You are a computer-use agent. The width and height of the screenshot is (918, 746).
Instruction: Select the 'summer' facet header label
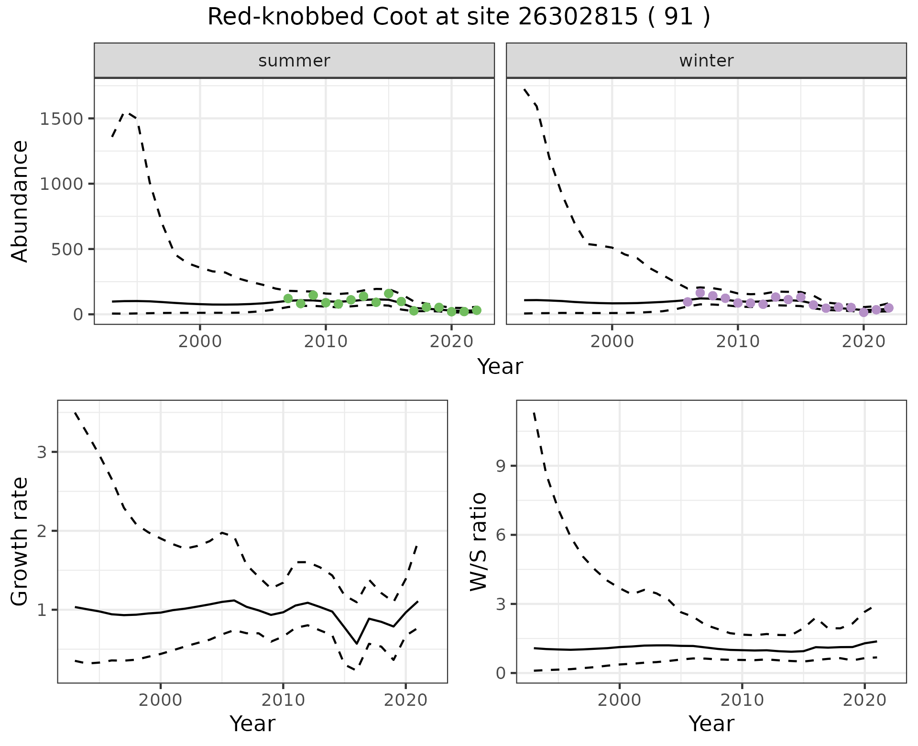(x=294, y=61)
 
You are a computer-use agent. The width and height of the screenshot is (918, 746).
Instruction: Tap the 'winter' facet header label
(x=706, y=61)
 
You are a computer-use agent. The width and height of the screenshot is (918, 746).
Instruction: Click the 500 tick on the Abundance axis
(x=69, y=249)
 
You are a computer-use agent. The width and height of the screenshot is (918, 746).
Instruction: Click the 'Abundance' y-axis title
(x=20, y=201)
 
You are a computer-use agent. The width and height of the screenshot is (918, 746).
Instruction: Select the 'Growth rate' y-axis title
(x=20, y=542)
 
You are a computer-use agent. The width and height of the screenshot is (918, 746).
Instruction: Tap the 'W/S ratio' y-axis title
(x=479, y=542)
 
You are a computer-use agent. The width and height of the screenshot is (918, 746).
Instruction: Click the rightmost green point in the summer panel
(x=477, y=310)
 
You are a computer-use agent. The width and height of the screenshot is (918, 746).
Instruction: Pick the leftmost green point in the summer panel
(x=288, y=298)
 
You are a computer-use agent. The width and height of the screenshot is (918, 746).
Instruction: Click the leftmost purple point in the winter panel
(x=688, y=302)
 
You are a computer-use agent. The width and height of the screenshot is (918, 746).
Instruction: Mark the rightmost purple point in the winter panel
(x=889, y=308)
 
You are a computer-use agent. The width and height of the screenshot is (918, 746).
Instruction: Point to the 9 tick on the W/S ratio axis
(x=502, y=466)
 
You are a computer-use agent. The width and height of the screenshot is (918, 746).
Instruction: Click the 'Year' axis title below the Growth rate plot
(x=252, y=724)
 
